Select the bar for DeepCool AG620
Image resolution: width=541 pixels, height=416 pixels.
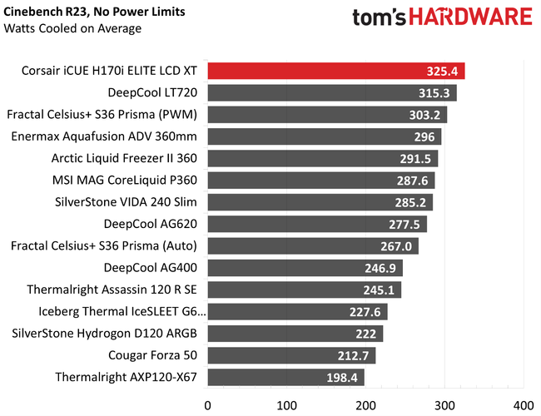(x=316, y=224)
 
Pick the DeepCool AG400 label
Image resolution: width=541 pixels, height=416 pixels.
(x=151, y=268)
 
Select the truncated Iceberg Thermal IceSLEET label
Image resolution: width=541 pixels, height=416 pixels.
(x=121, y=312)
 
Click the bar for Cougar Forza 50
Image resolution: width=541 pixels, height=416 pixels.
(x=291, y=355)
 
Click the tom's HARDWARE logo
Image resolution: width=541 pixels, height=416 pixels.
(x=441, y=17)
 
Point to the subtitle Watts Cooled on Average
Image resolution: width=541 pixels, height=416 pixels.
(x=72, y=28)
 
